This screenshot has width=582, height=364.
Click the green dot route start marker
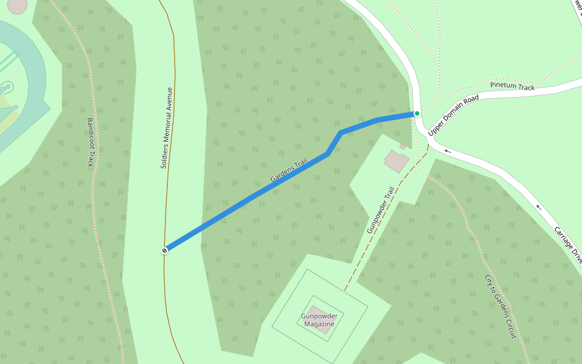point(417,113)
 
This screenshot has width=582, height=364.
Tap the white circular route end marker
point(164,250)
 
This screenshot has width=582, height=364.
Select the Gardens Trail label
point(289,170)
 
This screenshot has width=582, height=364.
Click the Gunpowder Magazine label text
point(319,320)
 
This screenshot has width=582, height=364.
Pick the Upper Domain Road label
point(453,115)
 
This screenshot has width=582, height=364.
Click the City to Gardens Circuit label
point(501,307)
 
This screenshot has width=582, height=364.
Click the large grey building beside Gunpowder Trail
point(396,161)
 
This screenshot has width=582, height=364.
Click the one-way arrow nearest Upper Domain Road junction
point(447,151)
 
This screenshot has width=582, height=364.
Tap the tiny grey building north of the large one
point(403,146)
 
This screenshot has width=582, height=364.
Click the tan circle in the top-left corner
point(17,5)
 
